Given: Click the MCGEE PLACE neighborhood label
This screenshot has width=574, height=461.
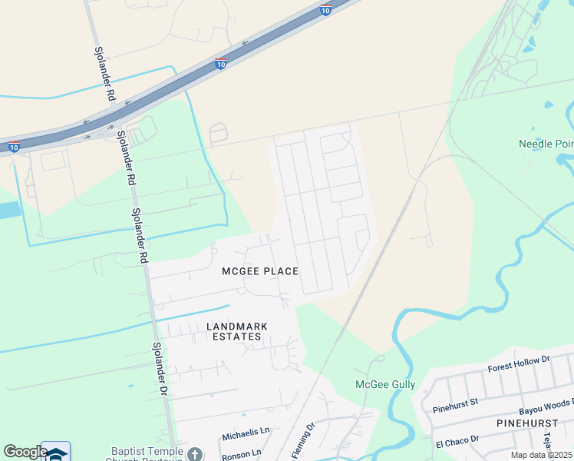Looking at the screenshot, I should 259,271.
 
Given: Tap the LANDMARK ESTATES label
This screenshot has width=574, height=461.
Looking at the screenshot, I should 238,331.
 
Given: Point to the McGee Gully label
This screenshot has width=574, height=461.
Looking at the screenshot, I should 385,384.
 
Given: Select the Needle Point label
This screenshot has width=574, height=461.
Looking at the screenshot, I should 546,144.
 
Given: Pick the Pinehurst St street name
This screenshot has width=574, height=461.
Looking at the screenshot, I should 455,402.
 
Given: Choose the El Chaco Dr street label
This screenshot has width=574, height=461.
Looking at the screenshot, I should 456,440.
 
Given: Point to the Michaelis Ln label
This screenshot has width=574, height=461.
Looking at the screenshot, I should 246,435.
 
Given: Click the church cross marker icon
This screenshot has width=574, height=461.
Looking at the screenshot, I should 196,453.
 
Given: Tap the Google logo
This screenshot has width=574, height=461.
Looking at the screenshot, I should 25,452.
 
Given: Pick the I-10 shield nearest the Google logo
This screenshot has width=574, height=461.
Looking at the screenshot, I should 14,146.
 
